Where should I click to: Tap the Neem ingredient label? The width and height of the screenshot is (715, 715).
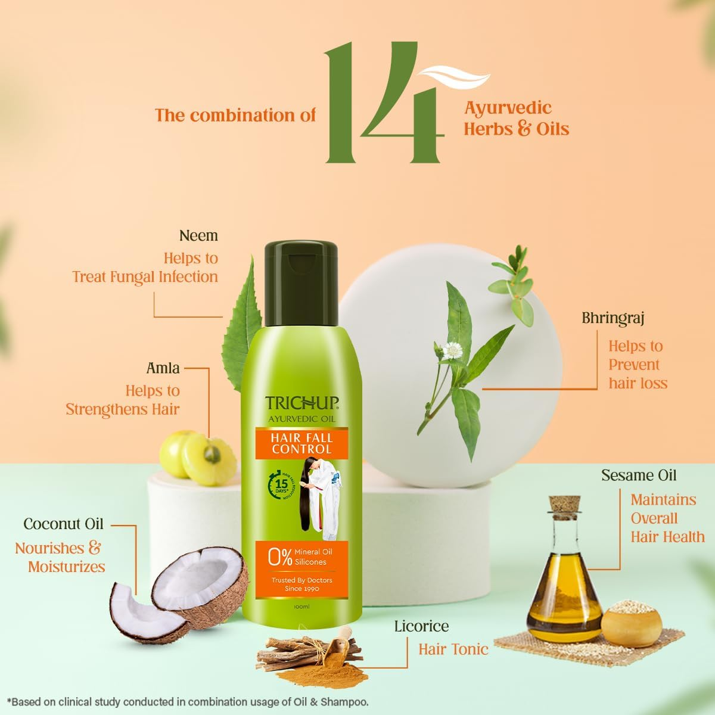click(198, 235)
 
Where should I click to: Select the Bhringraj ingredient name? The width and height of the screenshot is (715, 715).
click(613, 318)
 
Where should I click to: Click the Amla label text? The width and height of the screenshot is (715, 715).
click(163, 368)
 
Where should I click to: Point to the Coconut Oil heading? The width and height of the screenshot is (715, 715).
click(63, 524)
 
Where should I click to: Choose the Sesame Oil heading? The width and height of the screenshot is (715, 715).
click(639, 475)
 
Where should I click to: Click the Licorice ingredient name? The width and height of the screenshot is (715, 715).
click(421, 626)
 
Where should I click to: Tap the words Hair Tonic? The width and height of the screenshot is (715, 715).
click(453, 649)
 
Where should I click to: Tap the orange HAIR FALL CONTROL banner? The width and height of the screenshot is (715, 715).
click(301, 444)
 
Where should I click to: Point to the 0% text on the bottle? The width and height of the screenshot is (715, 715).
click(280, 557)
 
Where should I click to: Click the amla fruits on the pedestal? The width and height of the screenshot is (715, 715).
click(199, 456)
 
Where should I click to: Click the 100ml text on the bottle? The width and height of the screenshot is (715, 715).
click(301, 607)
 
